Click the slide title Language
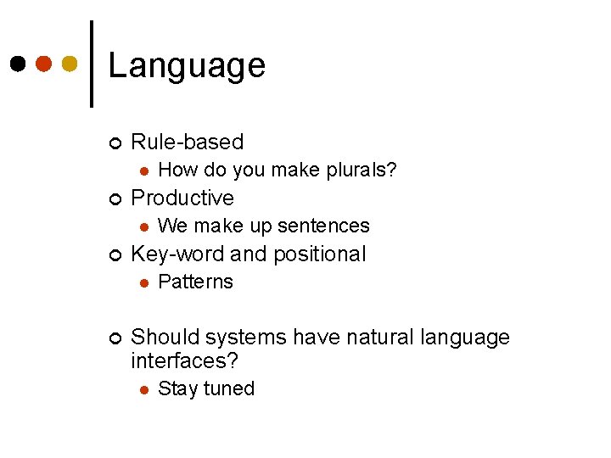pyautogui.click(x=187, y=65)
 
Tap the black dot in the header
pyautogui.click(x=17, y=64)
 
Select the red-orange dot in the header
pyautogui.click(x=43, y=64)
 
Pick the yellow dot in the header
pyautogui.click(x=70, y=64)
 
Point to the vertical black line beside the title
pyautogui.click(x=92, y=64)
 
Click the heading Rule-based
pyautogui.click(x=187, y=142)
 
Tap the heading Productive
pyautogui.click(x=182, y=198)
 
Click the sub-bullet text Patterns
pyautogui.click(x=195, y=282)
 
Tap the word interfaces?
pyautogui.click(x=184, y=360)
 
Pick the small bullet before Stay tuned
pyautogui.click(x=144, y=389)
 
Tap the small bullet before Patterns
pyautogui.click(x=144, y=282)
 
